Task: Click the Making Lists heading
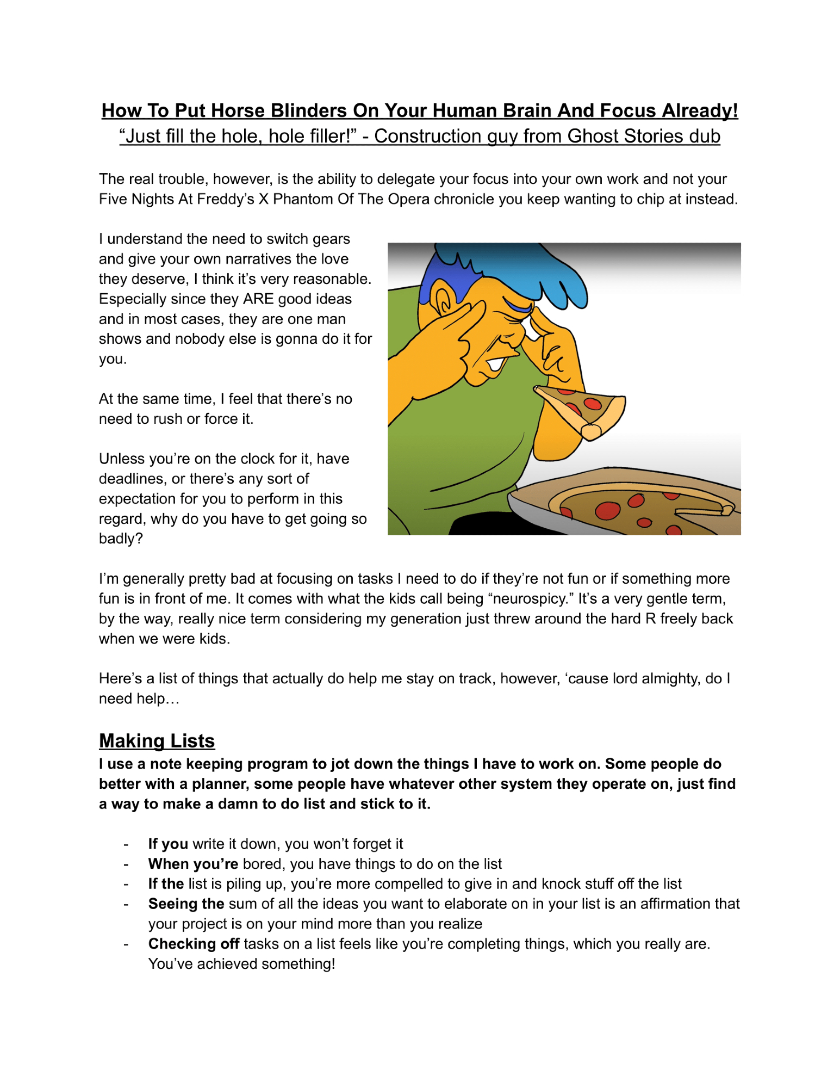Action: click(x=157, y=741)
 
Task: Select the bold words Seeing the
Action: click(x=186, y=904)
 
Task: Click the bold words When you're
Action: click(x=193, y=864)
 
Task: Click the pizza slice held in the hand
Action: click(x=582, y=408)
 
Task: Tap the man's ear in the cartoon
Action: click(x=445, y=299)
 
